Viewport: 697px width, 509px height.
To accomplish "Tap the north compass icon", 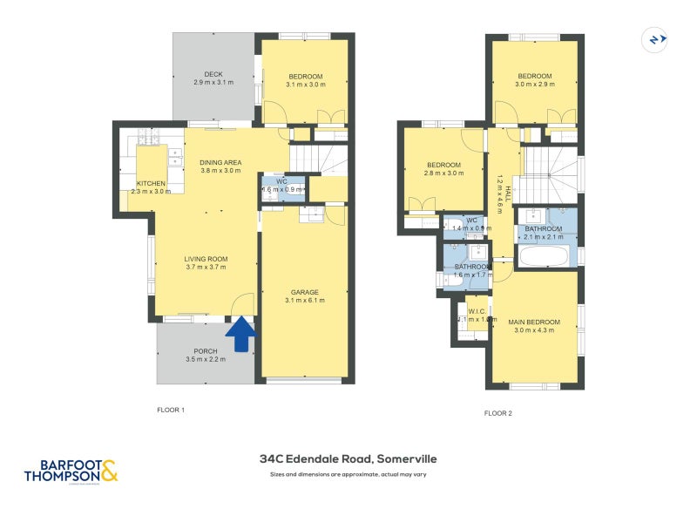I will coord(653,39).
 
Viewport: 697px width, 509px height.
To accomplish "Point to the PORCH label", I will coord(206,351).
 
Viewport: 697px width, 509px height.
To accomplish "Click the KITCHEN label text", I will coord(151,183).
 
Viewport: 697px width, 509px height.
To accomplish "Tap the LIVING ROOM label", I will coord(206,259).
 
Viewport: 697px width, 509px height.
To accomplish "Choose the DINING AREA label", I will coord(220,163).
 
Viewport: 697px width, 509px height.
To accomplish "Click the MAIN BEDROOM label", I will coord(534,322).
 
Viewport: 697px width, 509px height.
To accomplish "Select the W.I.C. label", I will coord(477,311).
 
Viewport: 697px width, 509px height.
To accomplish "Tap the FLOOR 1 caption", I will coord(171,410).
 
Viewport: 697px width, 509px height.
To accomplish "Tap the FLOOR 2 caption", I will coord(498,413).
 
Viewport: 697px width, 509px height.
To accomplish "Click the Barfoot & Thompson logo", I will coord(71,471).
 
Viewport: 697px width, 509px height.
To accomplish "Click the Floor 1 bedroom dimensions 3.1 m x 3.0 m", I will coord(306,85).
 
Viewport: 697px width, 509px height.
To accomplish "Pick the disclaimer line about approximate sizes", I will coord(348,475).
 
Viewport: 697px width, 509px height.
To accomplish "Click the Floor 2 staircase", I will coord(545,173).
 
